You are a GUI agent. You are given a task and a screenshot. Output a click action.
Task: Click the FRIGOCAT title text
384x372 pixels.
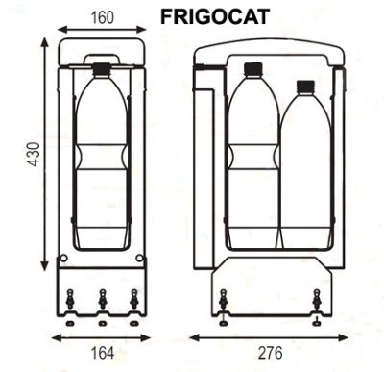pyautogui.click(x=216, y=15)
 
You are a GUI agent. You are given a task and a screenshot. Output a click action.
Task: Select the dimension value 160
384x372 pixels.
pyautogui.click(x=102, y=16)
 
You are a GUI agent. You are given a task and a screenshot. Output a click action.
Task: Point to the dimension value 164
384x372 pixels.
pyautogui.click(x=102, y=353)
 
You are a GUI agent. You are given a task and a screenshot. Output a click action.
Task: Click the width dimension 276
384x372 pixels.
pyautogui.click(x=269, y=353)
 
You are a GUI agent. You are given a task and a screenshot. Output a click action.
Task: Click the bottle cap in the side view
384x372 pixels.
pyautogui.click(x=102, y=68)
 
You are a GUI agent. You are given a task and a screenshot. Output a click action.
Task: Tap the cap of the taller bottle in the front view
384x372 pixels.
pyautogui.click(x=253, y=68)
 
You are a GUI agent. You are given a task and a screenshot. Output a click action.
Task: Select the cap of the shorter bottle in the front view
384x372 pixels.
pyautogui.click(x=305, y=87)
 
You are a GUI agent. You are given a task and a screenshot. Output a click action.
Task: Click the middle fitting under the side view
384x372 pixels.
pyautogui.click(x=102, y=300)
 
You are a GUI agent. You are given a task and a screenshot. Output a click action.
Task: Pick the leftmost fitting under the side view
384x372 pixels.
pyautogui.click(x=69, y=300)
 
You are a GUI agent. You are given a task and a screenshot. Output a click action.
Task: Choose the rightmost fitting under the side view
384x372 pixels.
pyautogui.click(x=134, y=300)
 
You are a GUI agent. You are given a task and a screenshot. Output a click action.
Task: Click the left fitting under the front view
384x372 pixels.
pyautogui.click(x=224, y=301)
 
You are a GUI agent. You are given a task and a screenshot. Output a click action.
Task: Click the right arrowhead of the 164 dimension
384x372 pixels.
pyautogui.click(x=146, y=337)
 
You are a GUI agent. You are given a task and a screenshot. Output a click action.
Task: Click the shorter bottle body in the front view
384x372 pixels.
pyautogui.click(x=305, y=173)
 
